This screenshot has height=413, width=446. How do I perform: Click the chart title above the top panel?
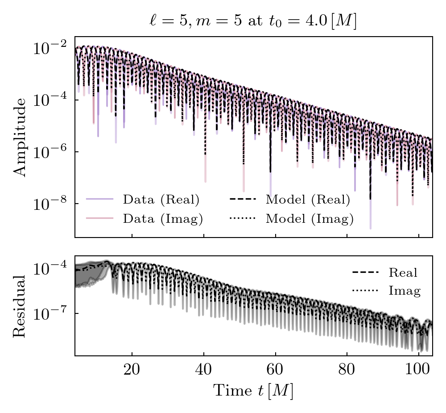[253, 21]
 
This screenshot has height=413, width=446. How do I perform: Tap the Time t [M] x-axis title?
[253, 391]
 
